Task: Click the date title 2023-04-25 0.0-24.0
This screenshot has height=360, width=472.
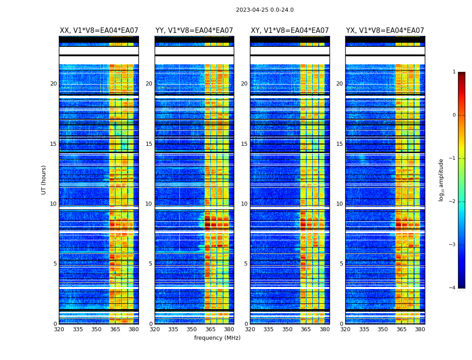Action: click(x=265, y=10)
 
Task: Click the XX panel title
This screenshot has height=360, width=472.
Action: click(x=99, y=31)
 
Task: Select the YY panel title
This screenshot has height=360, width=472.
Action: click(x=194, y=31)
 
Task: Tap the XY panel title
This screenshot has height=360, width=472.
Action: click(x=290, y=31)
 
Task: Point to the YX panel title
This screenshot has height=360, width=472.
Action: click(x=385, y=31)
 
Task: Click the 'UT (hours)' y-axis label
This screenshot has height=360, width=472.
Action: click(x=44, y=180)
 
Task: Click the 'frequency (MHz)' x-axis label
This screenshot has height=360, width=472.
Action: click(x=217, y=338)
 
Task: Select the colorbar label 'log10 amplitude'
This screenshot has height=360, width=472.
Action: click(x=441, y=180)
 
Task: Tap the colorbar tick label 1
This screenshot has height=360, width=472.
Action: click(x=454, y=72)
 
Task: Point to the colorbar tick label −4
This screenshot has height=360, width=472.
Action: click(x=453, y=288)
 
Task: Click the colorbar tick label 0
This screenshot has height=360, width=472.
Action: click(x=454, y=115)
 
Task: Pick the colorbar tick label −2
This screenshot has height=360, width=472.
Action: click(x=453, y=202)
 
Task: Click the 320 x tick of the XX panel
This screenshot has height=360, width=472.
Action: click(x=59, y=329)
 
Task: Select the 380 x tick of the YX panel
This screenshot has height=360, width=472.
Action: click(x=420, y=329)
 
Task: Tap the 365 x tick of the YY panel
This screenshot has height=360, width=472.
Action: click(x=210, y=329)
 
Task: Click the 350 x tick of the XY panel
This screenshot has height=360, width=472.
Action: click(x=287, y=329)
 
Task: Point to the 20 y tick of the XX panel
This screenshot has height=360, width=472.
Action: click(x=53, y=84)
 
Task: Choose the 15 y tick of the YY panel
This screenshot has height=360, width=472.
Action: click(x=149, y=144)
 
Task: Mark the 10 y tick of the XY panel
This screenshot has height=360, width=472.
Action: click(x=244, y=204)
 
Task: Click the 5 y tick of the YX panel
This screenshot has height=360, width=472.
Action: click(x=341, y=264)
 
